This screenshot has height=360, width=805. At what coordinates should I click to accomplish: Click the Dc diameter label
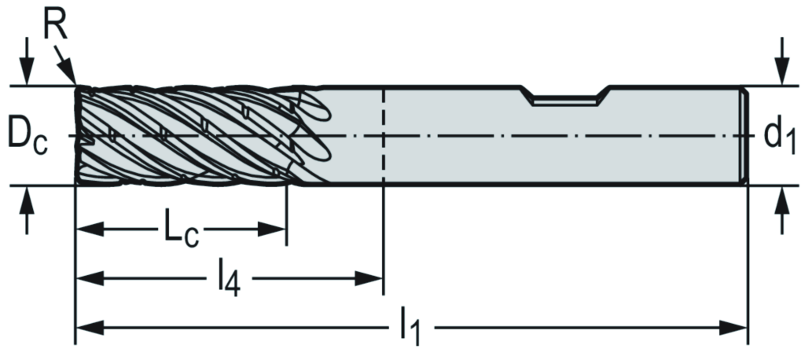(x=27, y=135)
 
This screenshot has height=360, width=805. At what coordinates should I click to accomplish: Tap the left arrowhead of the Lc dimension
(x=86, y=230)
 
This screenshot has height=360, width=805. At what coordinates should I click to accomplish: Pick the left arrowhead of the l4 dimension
(x=86, y=277)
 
